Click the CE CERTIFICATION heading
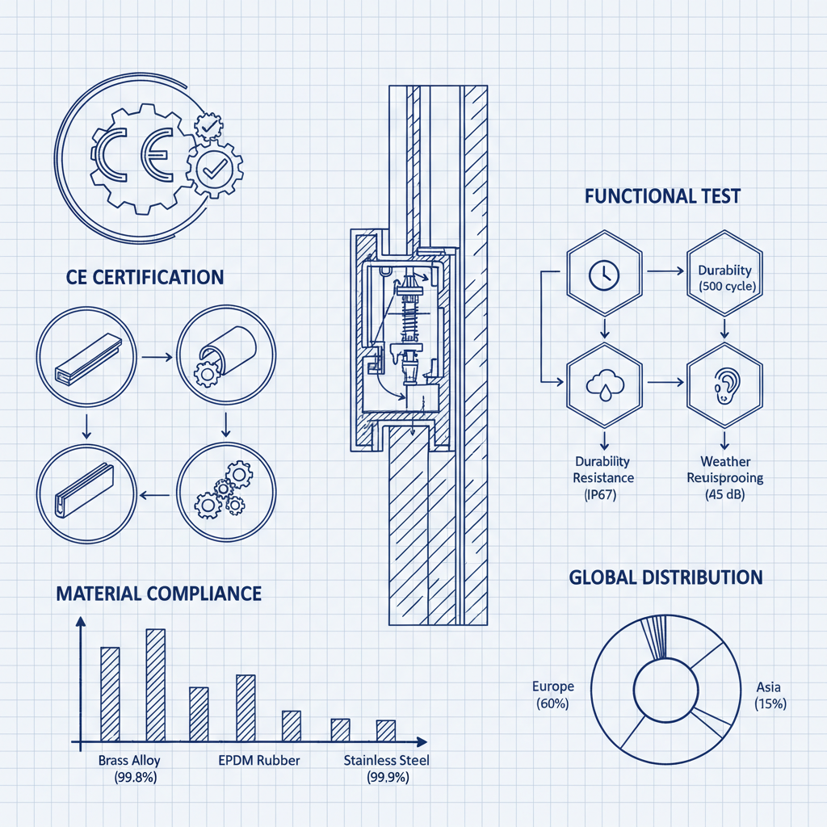coord(145,277)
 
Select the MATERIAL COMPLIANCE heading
coord(158,594)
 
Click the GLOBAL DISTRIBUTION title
coord(665,577)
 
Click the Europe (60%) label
coord(553,695)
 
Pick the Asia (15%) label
coord(770,695)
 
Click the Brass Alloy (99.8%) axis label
coord(129,768)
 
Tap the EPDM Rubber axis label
coord(259,760)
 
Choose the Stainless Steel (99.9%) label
coord(387,768)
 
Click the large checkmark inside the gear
coord(215,168)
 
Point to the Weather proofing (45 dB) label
coord(724,477)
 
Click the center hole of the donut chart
coord(665,691)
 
